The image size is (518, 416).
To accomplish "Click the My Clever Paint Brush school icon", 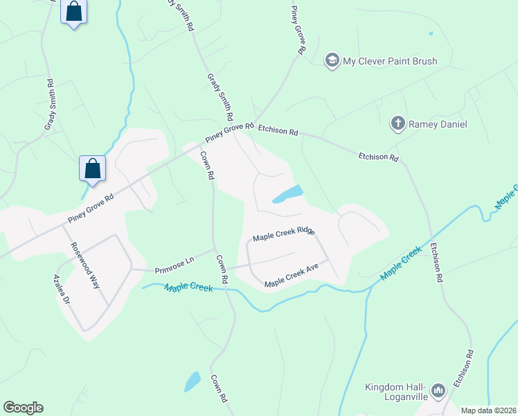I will click(x=332, y=61).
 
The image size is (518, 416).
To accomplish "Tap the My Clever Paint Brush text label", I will click(x=390, y=61).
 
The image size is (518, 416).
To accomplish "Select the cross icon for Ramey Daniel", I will click(x=398, y=124).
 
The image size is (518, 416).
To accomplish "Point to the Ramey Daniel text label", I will click(x=438, y=125).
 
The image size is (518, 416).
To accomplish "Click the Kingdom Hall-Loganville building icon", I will click(x=437, y=392).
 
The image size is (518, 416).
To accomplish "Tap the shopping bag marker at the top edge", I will click(x=74, y=12).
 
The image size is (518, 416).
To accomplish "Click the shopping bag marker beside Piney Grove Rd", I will click(x=92, y=168).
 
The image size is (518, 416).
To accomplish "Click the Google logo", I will click(x=23, y=408).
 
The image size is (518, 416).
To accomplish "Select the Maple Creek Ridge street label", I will click(x=284, y=234).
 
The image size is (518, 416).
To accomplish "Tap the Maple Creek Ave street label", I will click(x=291, y=279).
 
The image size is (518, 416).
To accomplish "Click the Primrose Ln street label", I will click(x=174, y=263).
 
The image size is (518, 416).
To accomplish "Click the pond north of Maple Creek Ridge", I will click(x=288, y=194).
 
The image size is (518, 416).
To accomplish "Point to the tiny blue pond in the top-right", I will click(x=431, y=33).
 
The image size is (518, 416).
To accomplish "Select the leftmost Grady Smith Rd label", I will click(x=50, y=105).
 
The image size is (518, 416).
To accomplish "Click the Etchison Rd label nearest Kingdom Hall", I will click(x=463, y=367).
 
